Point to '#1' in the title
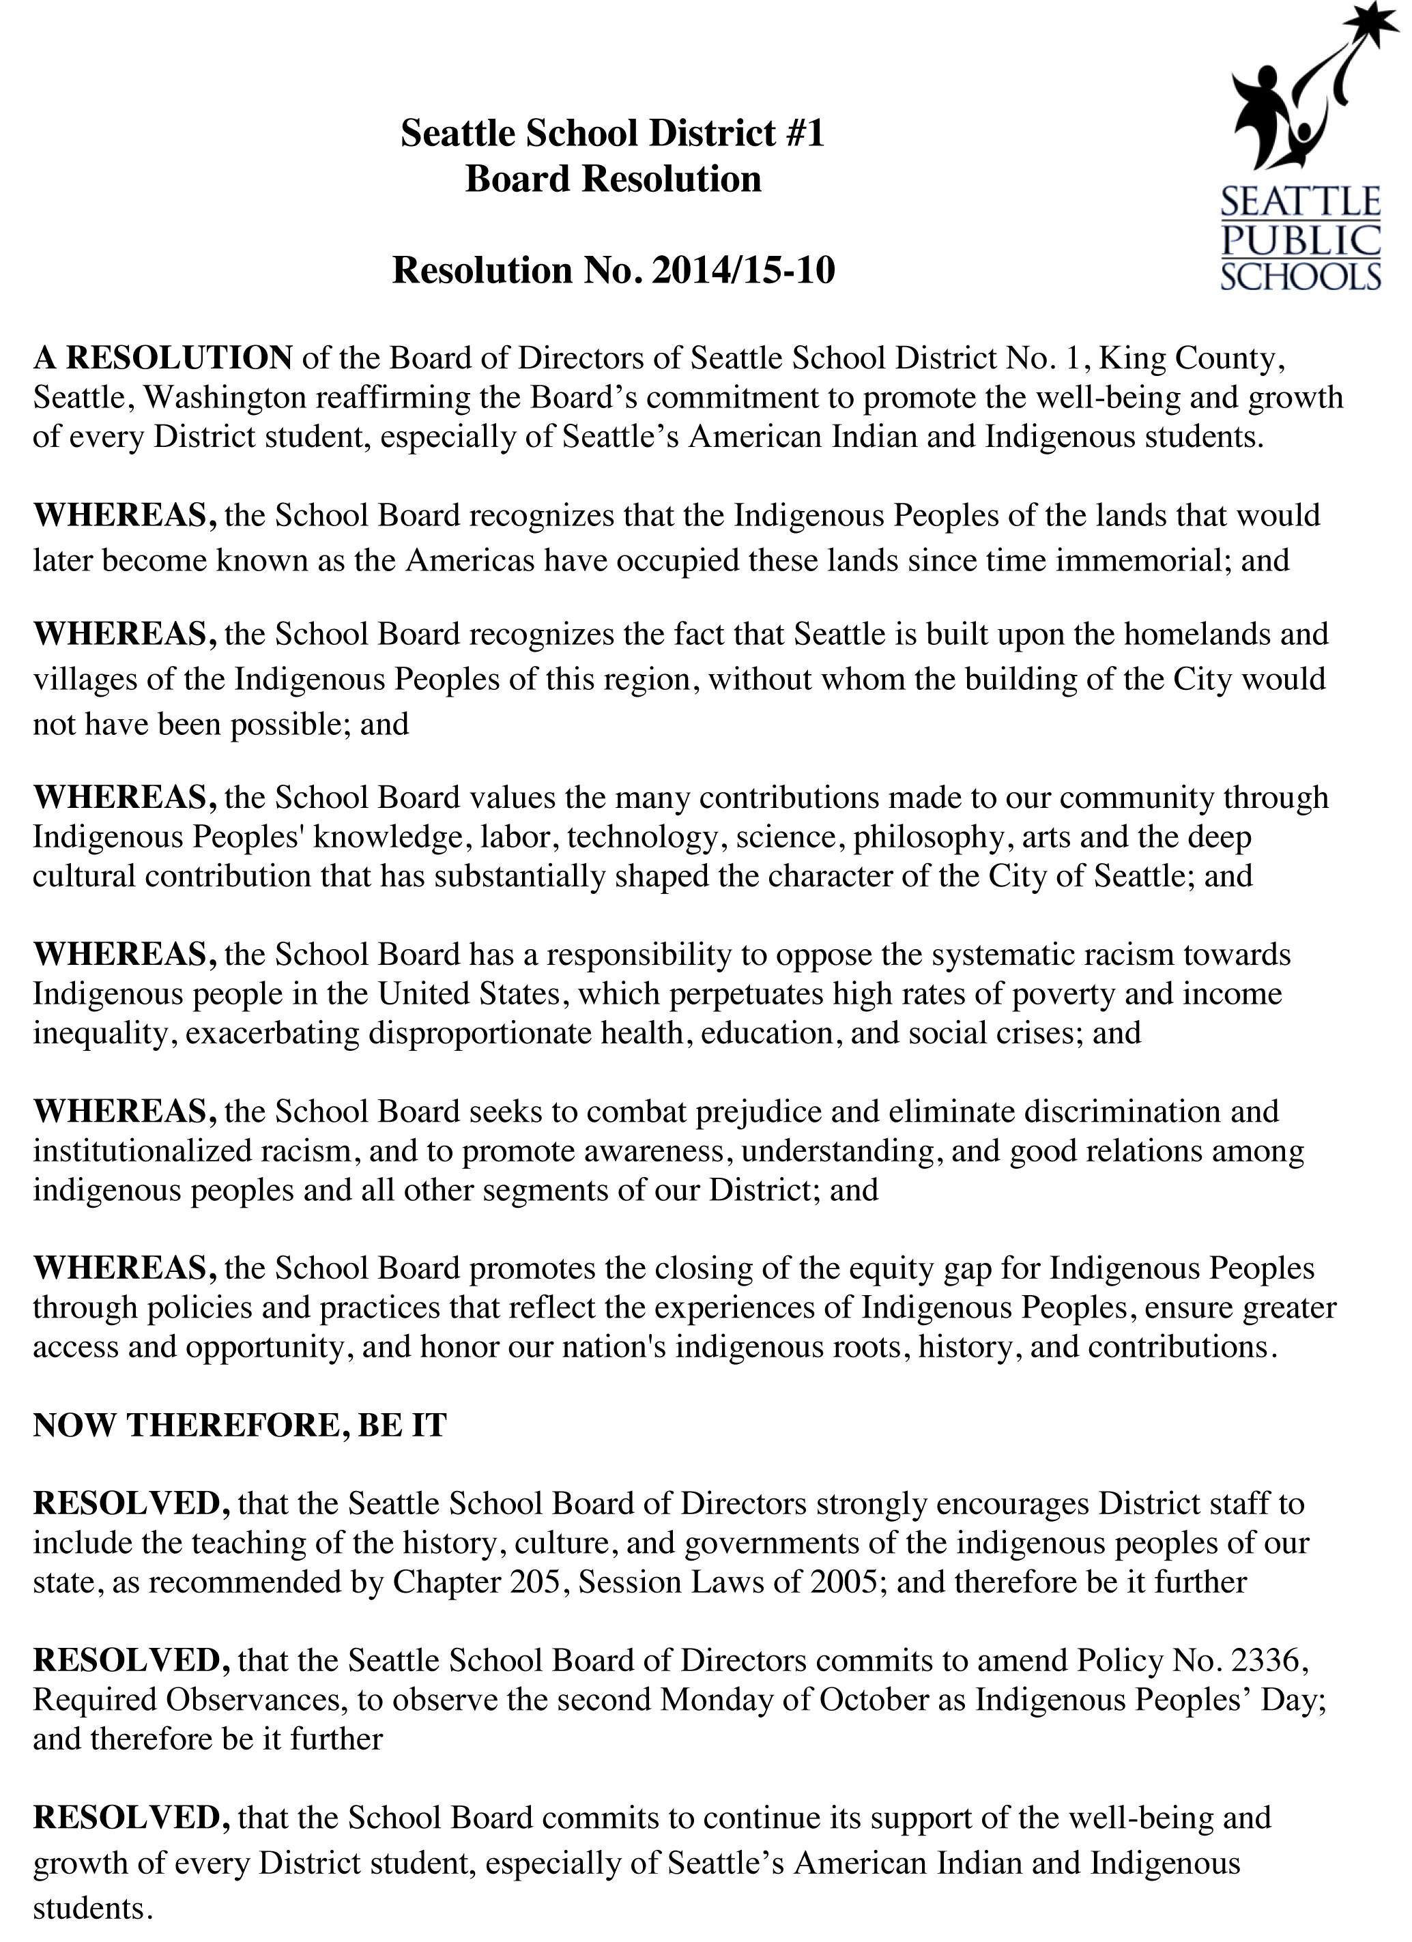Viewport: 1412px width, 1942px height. (803, 134)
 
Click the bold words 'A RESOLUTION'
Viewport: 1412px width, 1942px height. (162, 358)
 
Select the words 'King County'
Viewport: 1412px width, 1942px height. (1190, 358)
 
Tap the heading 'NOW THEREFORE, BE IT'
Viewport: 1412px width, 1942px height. (240, 1425)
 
